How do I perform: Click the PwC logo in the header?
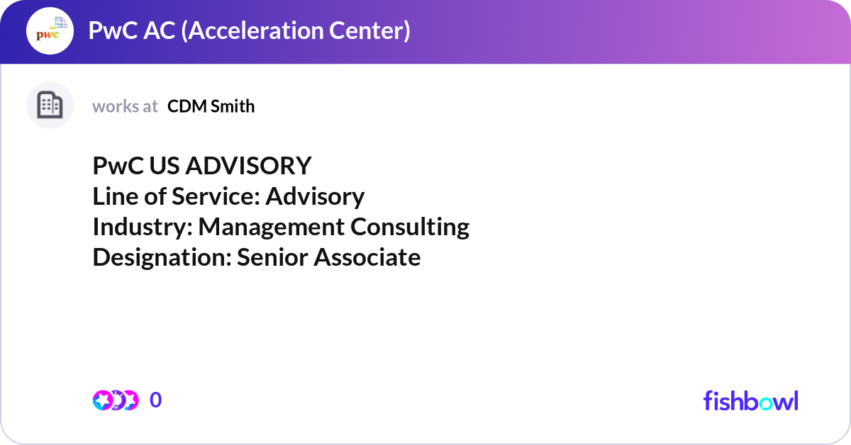tap(50, 30)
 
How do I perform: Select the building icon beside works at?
tap(50, 105)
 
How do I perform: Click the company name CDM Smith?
tap(211, 106)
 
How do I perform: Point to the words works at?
tap(125, 107)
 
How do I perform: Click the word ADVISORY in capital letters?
tap(248, 166)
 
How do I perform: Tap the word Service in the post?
tap(216, 196)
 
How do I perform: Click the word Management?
tap(271, 227)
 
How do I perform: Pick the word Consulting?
tap(410, 227)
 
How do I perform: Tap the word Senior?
tap(273, 257)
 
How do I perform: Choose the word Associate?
tap(367, 257)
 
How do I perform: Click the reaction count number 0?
tap(156, 400)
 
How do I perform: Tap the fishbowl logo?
tap(751, 400)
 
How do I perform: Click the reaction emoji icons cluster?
tap(116, 400)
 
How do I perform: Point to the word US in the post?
tap(165, 166)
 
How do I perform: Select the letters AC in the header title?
tap(160, 30)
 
